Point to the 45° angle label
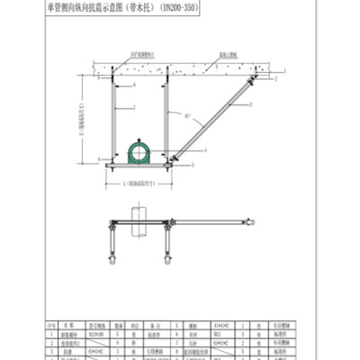coord(187,116)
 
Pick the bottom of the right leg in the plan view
coord(167,260)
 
